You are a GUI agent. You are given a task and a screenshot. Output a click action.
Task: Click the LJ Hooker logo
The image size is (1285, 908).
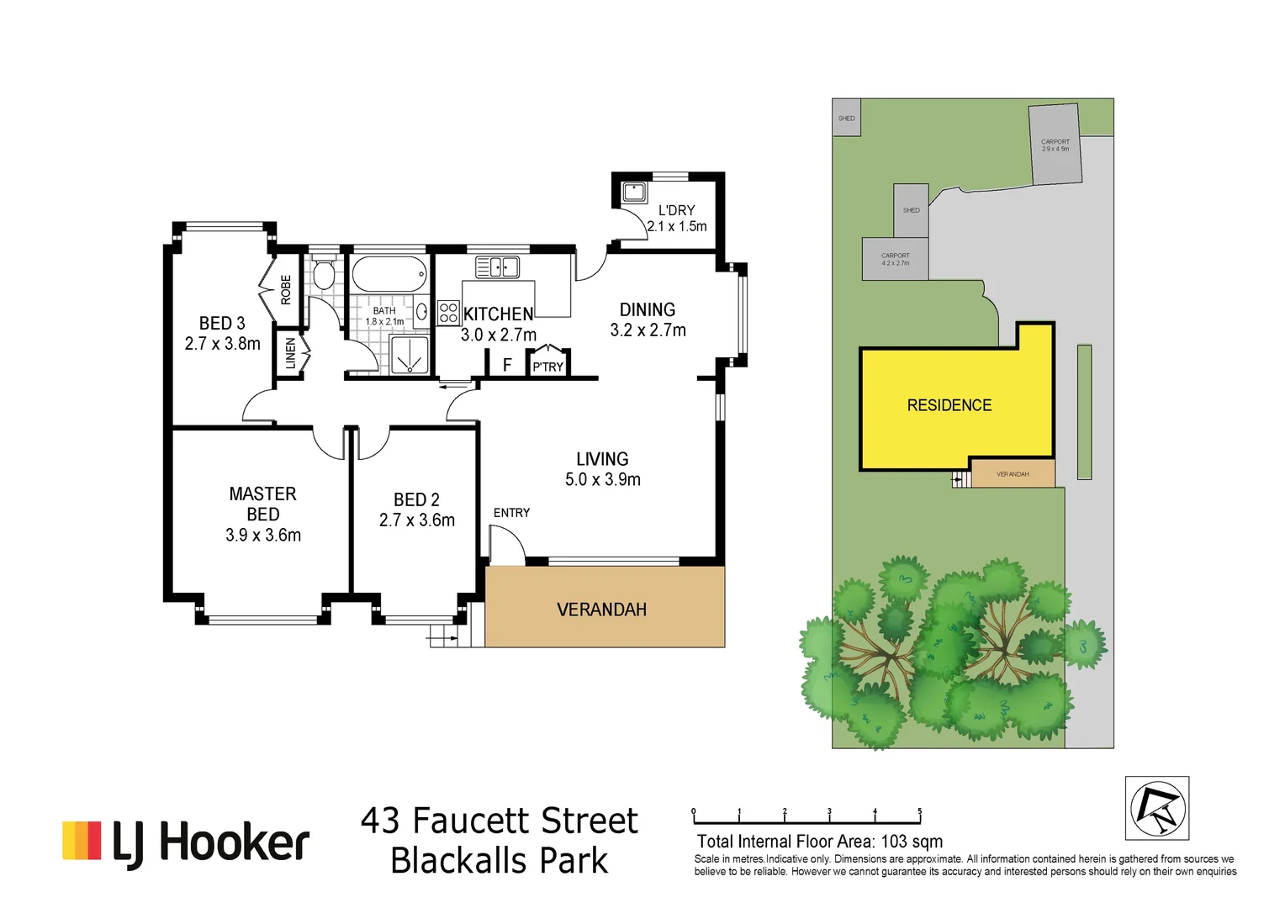(186, 842)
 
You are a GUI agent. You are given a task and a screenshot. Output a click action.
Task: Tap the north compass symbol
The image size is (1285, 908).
(1157, 808)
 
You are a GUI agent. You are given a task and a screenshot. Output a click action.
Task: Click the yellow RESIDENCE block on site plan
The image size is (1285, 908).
(949, 405)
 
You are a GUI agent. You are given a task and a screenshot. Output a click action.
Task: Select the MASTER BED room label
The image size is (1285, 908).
(262, 504)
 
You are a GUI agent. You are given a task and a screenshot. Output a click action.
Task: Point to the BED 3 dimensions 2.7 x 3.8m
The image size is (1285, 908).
(223, 344)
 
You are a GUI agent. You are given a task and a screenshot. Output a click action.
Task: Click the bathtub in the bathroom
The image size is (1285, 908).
(389, 274)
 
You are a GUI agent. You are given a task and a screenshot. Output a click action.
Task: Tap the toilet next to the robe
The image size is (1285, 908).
(323, 274)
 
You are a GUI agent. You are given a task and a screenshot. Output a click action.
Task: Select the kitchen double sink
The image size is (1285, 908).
(497, 267)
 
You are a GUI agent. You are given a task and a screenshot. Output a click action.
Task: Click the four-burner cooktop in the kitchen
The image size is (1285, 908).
(448, 313)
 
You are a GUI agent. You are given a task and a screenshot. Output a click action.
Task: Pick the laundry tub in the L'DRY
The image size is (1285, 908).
(632, 192)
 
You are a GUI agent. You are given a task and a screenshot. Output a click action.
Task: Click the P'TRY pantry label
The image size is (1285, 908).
(547, 367)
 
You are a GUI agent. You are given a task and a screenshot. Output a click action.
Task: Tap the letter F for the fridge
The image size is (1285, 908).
(507, 365)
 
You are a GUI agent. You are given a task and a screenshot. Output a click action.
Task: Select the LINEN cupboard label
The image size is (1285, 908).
(290, 353)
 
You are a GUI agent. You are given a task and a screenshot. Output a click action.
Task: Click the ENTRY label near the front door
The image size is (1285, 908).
(511, 513)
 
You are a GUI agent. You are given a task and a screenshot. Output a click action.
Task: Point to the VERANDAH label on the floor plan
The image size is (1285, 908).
(601, 610)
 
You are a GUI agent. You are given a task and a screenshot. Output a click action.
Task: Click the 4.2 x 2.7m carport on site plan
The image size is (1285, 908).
(895, 259)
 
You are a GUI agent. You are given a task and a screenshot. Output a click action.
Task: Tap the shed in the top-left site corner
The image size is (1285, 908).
(846, 119)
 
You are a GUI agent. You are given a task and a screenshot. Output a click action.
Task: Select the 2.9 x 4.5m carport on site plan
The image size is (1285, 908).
(1055, 145)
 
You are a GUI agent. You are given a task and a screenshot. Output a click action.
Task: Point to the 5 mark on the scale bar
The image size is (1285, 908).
(920, 813)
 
